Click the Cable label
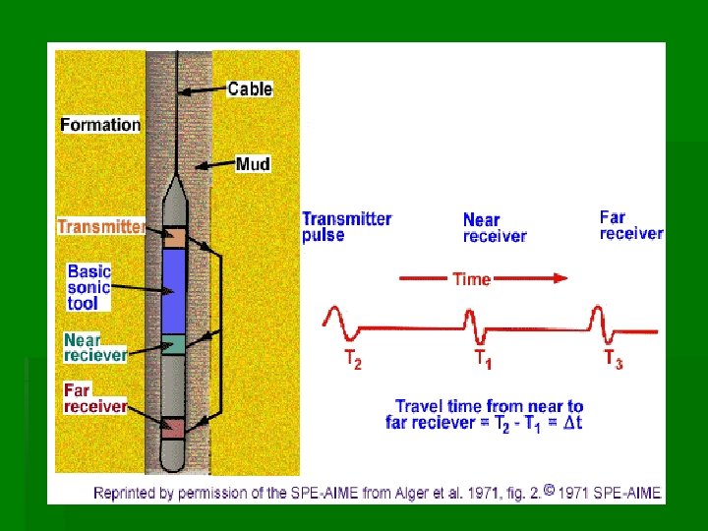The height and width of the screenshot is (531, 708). pyautogui.click(x=250, y=88)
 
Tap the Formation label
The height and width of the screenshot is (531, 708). pyautogui.click(x=100, y=125)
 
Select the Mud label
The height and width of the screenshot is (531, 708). pyautogui.click(x=253, y=164)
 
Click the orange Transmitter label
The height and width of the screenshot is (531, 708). pyautogui.click(x=101, y=227)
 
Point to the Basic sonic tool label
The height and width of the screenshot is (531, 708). pyautogui.click(x=89, y=287)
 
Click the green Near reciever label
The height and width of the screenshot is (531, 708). pyautogui.click(x=95, y=347)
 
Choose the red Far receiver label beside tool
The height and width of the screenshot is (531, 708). pyautogui.click(x=95, y=398)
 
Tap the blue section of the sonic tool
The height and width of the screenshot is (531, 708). pyautogui.click(x=173, y=290)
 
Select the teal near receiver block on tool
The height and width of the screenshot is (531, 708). pyautogui.click(x=173, y=343)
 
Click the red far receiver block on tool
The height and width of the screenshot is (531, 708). pyautogui.click(x=173, y=428)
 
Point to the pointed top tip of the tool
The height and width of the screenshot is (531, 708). pyautogui.click(x=174, y=180)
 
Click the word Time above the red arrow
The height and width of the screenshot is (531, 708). pyautogui.click(x=471, y=279)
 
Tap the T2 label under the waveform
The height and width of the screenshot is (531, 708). pyautogui.click(x=351, y=361)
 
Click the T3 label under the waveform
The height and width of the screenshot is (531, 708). pyautogui.click(x=613, y=360)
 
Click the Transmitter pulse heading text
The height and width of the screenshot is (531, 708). pyautogui.click(x=346, y=227)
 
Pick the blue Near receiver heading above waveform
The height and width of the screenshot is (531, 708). pyautogui.click(x=494, y=228)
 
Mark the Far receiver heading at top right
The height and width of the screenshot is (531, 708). pyautogui.click(x=630, y=225)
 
